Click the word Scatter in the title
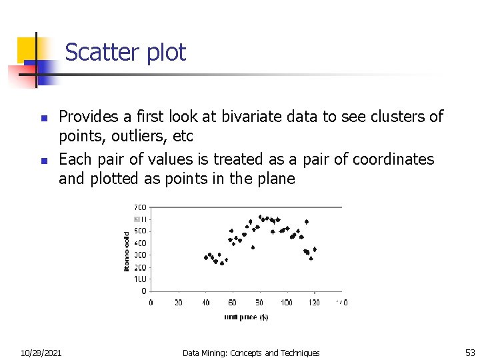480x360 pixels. coord(93,53)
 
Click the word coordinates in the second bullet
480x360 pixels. coord(393,159)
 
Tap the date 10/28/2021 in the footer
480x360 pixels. coord(41,353)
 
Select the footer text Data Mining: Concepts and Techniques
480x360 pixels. coord(251,353)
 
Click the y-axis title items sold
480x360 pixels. coord(127,251)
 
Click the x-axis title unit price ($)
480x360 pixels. coord(245,317)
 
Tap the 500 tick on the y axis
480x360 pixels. coord(141,231)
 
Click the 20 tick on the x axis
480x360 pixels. coord(178,303)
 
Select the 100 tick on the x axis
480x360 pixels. coord(287,303)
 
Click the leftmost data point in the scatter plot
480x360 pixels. coord(206,257)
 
